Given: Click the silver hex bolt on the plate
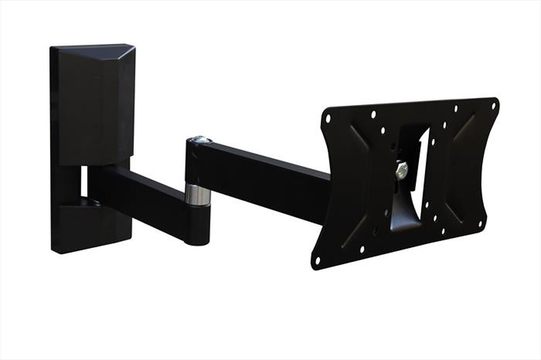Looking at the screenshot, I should (x=401, y=170).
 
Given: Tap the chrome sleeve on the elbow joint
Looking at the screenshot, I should (x=198, y=195).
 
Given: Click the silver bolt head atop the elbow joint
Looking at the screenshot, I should (x=201, y=139).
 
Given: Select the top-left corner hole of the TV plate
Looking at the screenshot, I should (x=328, y=118).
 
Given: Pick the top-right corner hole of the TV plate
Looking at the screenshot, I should (x=493, y=104).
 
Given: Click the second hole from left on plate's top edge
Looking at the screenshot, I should (x=373, y=114).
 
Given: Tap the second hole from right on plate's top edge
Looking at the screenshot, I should (x=456, y=108).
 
